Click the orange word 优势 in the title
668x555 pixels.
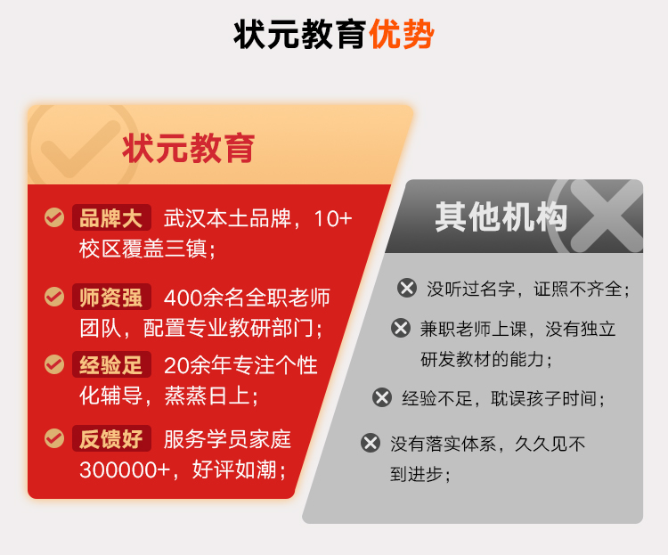[402, 34]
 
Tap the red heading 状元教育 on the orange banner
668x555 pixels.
[188, 148]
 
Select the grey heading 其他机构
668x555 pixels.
[501, 216]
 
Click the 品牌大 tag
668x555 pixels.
[111, 217]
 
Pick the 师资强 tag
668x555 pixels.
[111, 297]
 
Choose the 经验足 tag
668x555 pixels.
[111, 364]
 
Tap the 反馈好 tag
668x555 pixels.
[111, 438]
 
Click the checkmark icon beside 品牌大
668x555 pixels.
[54, 217]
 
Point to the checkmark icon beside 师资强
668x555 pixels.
[54, 297]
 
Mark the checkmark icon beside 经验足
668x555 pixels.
[54, 364]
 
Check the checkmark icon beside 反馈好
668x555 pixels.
[54, 438]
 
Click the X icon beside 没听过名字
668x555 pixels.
[407, 288]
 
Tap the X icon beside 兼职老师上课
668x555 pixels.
[401, 328]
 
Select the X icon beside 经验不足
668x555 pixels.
[382, 397]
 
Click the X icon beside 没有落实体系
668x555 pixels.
[371, 443]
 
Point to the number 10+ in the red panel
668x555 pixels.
[333, 218]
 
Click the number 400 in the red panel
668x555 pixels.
[183, 298]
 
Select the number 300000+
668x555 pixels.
[125, 470]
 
